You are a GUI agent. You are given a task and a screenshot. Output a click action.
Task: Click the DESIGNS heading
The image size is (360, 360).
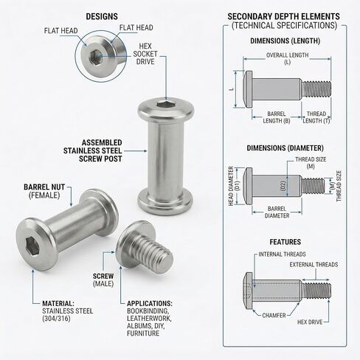coord(101,16)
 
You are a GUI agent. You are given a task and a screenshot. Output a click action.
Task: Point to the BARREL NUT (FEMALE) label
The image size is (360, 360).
coord(45,191)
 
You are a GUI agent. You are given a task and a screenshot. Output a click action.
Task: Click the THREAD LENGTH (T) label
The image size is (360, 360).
coord(317,117)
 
